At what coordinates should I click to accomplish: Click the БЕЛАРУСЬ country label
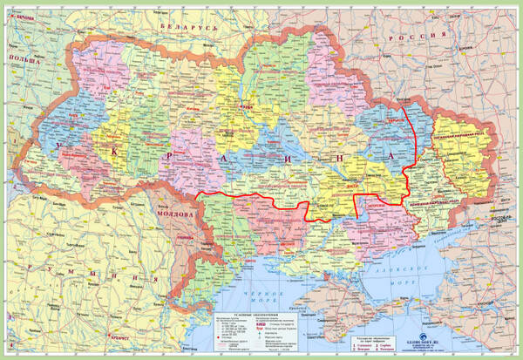pos(186,29)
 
